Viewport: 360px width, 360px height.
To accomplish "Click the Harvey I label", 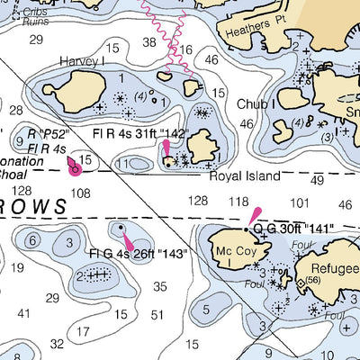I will pyautogui.click(x=82, y=61).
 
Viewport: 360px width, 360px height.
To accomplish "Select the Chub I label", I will pyautogui.click(x=256, y=103).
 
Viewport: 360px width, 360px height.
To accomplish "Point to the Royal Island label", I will pyautogui.click(x=245, y=176).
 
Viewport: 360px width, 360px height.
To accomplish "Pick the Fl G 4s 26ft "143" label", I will pyautogui.click(x=138, y=254).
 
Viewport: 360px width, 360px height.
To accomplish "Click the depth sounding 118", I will pyautogui.click(x=238, y=202).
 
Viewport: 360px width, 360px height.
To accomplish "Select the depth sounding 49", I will pyautogui.click(x=317, y=181).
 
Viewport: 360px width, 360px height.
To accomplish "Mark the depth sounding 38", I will pyautogui.click(x=149, y=41).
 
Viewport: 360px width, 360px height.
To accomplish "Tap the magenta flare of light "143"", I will pyautogui.click(x=129, y=240).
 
